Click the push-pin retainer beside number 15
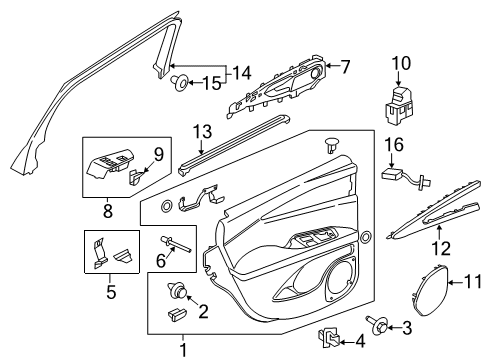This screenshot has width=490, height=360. click(178, 80)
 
